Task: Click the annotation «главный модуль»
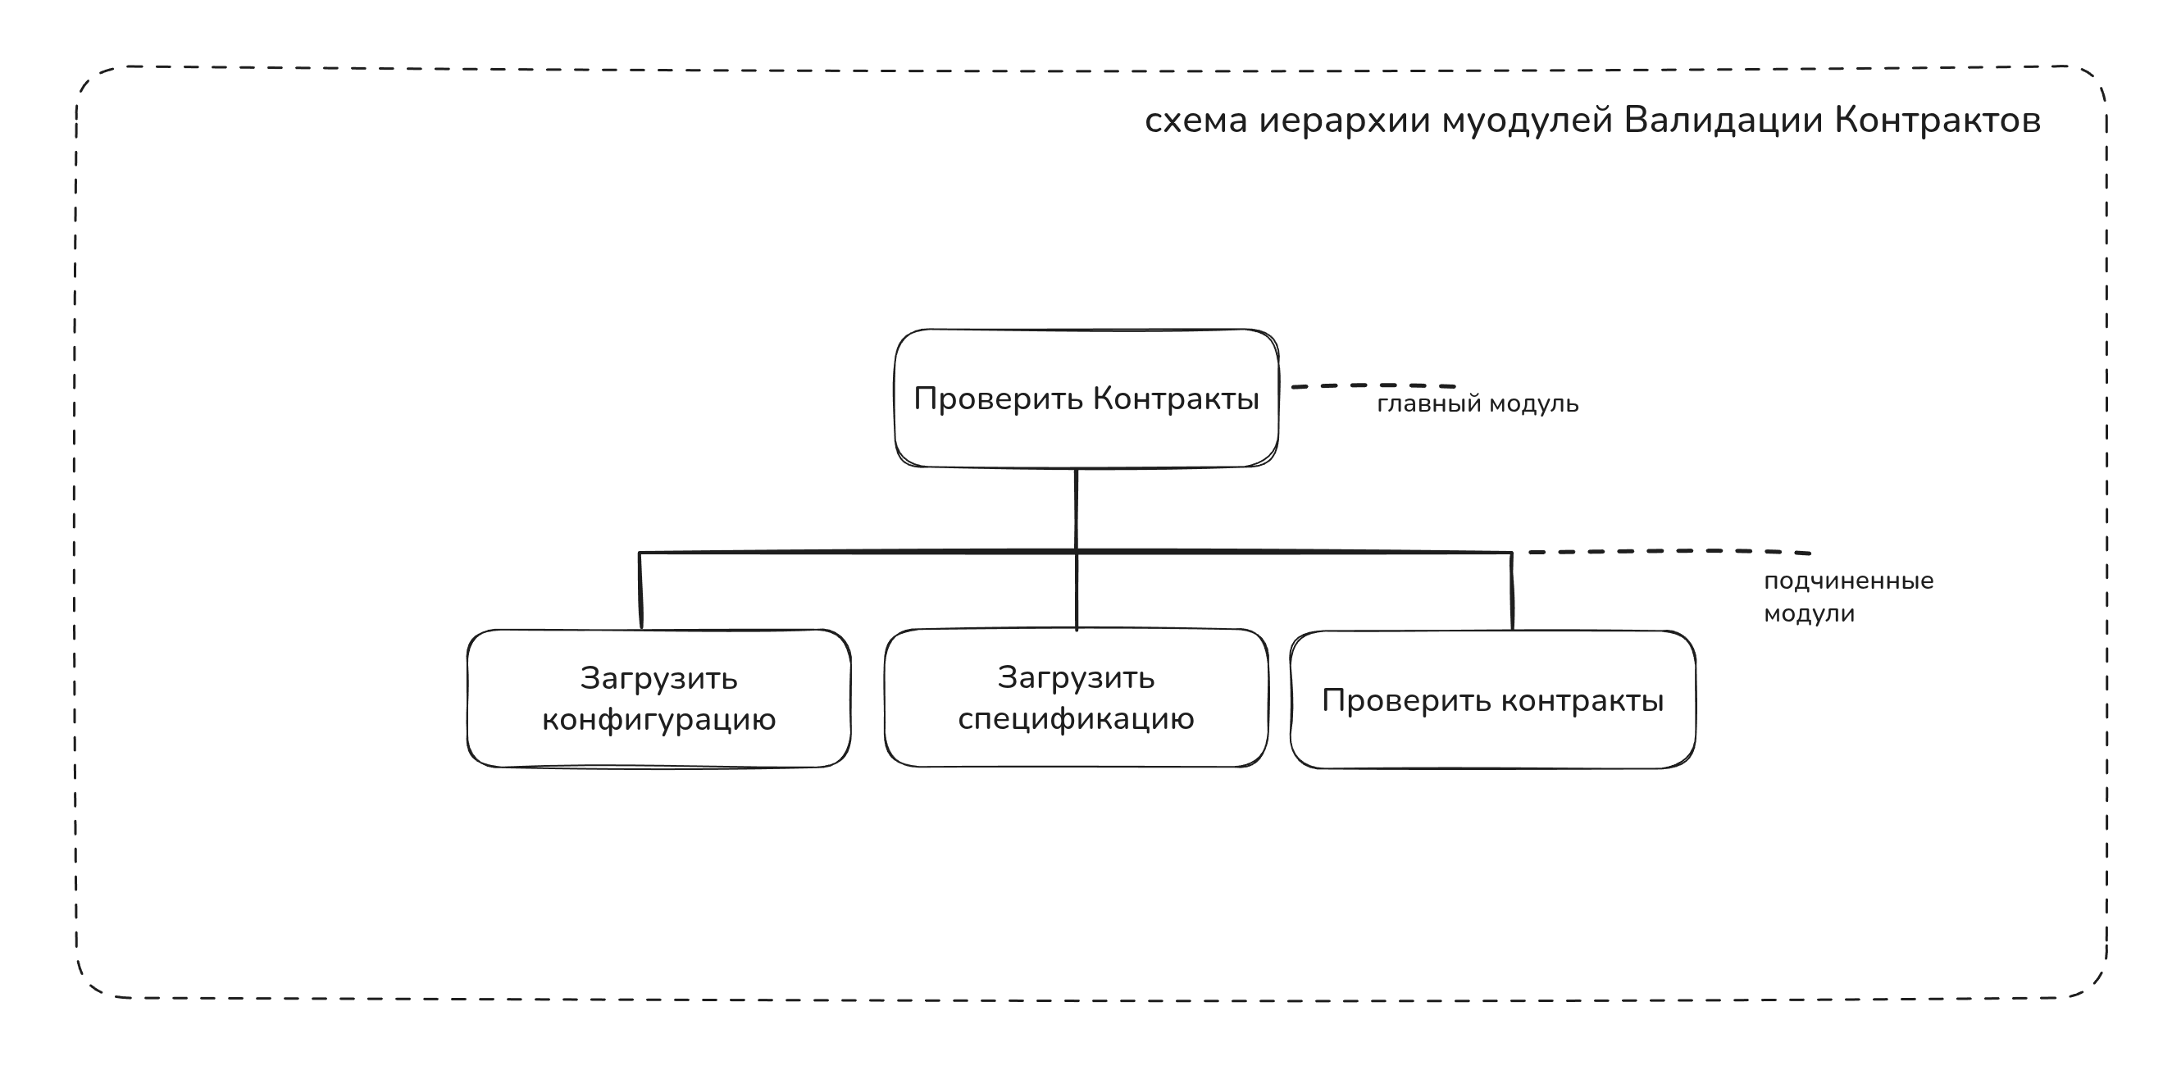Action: coord(1478,405)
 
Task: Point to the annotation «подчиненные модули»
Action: coord(1847,597)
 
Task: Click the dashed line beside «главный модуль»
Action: coord(1373,385)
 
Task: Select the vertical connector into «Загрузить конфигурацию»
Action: coord(640,590)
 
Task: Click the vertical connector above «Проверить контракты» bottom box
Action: coord(1512,591)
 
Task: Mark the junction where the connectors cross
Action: coord(1077,552)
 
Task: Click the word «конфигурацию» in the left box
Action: coord(658,720)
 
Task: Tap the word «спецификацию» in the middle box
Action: coord(1076,719)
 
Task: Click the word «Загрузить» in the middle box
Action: coord(1076,678)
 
